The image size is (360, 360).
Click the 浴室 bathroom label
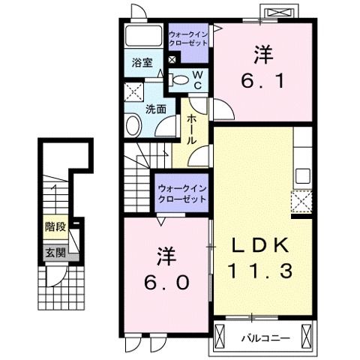coord(142,63)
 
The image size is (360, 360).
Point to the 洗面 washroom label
coord(156,108)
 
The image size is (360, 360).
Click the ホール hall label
coord(193,128)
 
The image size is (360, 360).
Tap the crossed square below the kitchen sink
coord(302,202)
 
